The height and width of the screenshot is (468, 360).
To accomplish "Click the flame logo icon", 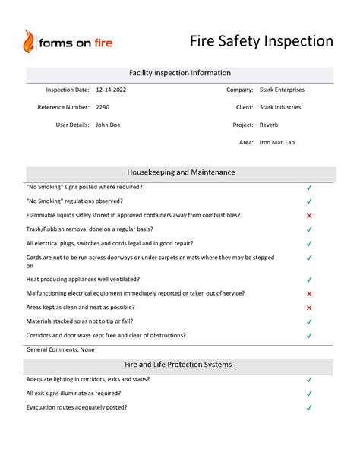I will point(29,42).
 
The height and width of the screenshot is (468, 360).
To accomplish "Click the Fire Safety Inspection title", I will point(261,40).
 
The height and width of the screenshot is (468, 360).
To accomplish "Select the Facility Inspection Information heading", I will point(180,73).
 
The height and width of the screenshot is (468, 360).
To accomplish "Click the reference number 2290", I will point(103,107).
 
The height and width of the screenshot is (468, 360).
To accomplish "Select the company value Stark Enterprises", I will point(282,90).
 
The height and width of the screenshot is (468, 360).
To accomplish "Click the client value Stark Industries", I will point(280,107).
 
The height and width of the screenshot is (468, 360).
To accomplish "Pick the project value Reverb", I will point(269,125).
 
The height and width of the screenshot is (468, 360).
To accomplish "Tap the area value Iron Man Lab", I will point(277,142).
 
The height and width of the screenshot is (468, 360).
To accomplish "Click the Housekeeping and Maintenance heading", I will point(180,172).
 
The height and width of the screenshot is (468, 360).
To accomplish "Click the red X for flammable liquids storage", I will point(309,216).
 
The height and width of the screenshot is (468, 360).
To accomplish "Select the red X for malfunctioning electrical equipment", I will point(309,293).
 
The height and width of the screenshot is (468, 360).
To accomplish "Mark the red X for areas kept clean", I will point(309,308).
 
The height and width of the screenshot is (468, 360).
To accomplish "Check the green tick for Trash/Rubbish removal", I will point(309,229).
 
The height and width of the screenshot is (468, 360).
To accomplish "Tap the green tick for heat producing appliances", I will point(309,280).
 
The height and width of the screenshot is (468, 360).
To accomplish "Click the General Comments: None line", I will point(60,349).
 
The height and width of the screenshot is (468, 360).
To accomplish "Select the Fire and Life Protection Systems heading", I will point(180,365).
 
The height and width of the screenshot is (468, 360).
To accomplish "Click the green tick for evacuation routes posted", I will point(309,408).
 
